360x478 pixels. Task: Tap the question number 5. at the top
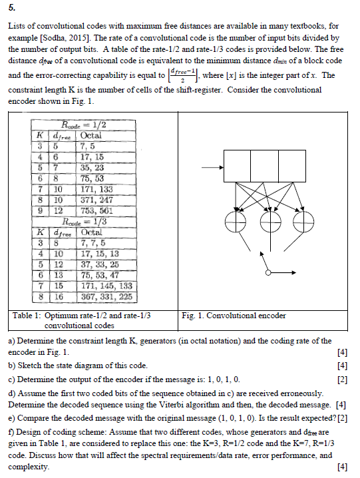9,8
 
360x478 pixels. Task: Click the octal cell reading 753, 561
96,212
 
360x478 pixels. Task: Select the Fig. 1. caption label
193,316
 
